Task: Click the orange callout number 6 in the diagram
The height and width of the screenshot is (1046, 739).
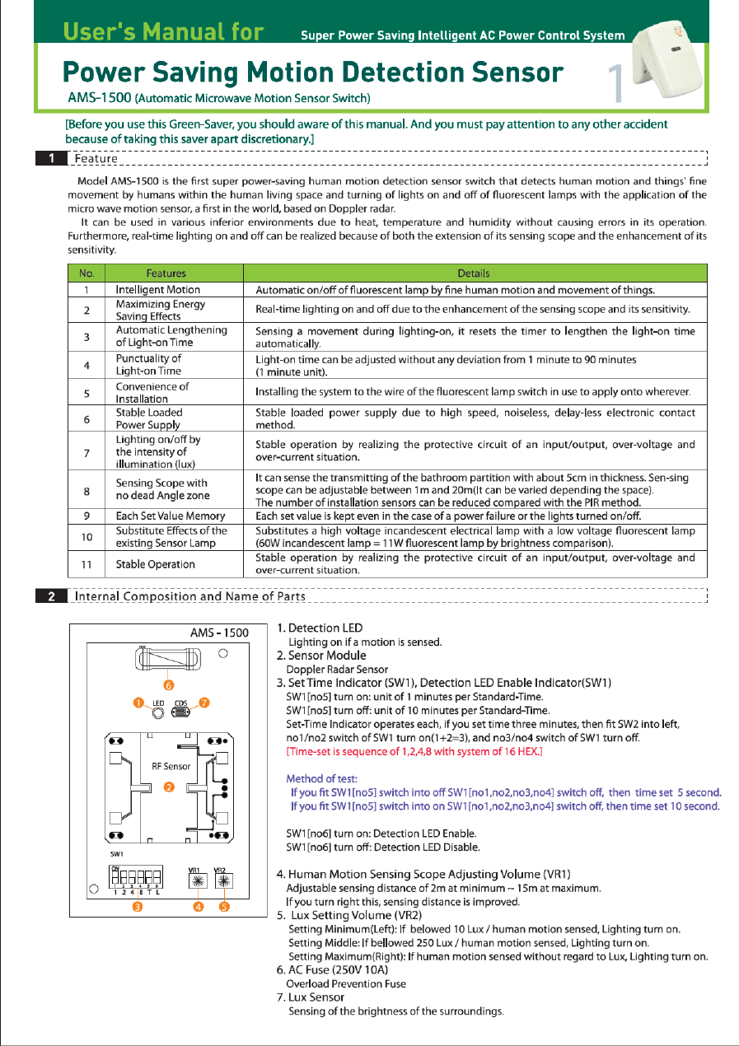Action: click(x=168, y=684)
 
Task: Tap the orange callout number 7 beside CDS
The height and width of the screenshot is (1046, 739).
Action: click(x=205, y=703)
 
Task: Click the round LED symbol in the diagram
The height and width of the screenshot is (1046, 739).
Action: click(x=159, y=711)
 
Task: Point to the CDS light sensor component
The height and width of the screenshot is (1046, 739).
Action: click(x=180, y=711)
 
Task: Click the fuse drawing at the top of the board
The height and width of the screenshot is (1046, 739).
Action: click(x=167, y=659)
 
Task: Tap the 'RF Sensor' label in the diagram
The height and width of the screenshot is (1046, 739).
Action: click(x=171, y=766)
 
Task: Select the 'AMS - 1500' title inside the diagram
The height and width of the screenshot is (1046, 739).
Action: click(x=219, y=633)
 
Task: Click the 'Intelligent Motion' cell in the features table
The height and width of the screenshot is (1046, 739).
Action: click(x=157, y=290)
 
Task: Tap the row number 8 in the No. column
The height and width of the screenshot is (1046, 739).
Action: click(x=86, y=491)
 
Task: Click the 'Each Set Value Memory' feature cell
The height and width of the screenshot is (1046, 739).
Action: click(x=170, y=516)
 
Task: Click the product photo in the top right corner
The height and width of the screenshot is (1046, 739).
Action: click(x=671, y=60)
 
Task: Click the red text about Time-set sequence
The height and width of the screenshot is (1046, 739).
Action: click(x=414, y=752)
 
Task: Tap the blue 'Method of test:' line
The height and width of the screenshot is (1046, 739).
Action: click(x=321, y=778)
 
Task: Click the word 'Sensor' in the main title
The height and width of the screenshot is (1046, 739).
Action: click(x=517, y=72)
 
